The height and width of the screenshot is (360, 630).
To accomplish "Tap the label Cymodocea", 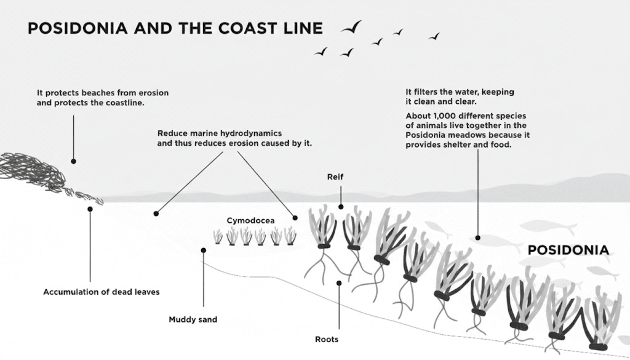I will click(245, 220).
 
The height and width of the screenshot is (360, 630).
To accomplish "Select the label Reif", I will click(335, 177).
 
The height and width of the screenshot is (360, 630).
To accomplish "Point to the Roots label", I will click(326, 339).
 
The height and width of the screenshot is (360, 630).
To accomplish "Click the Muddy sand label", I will click(193, 319).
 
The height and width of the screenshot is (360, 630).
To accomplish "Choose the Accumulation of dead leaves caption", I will click(101, 292).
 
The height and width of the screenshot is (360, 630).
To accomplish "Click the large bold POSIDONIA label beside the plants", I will click(569, 250).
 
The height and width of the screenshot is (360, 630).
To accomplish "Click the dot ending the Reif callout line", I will click(341, 207).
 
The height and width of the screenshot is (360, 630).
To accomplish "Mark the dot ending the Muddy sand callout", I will click(203, 250).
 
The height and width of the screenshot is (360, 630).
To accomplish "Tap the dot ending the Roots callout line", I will click(338, 283).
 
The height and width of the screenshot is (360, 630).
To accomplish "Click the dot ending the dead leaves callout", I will click(90, 209).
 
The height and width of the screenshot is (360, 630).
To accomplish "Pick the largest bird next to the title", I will click(351, 27).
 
